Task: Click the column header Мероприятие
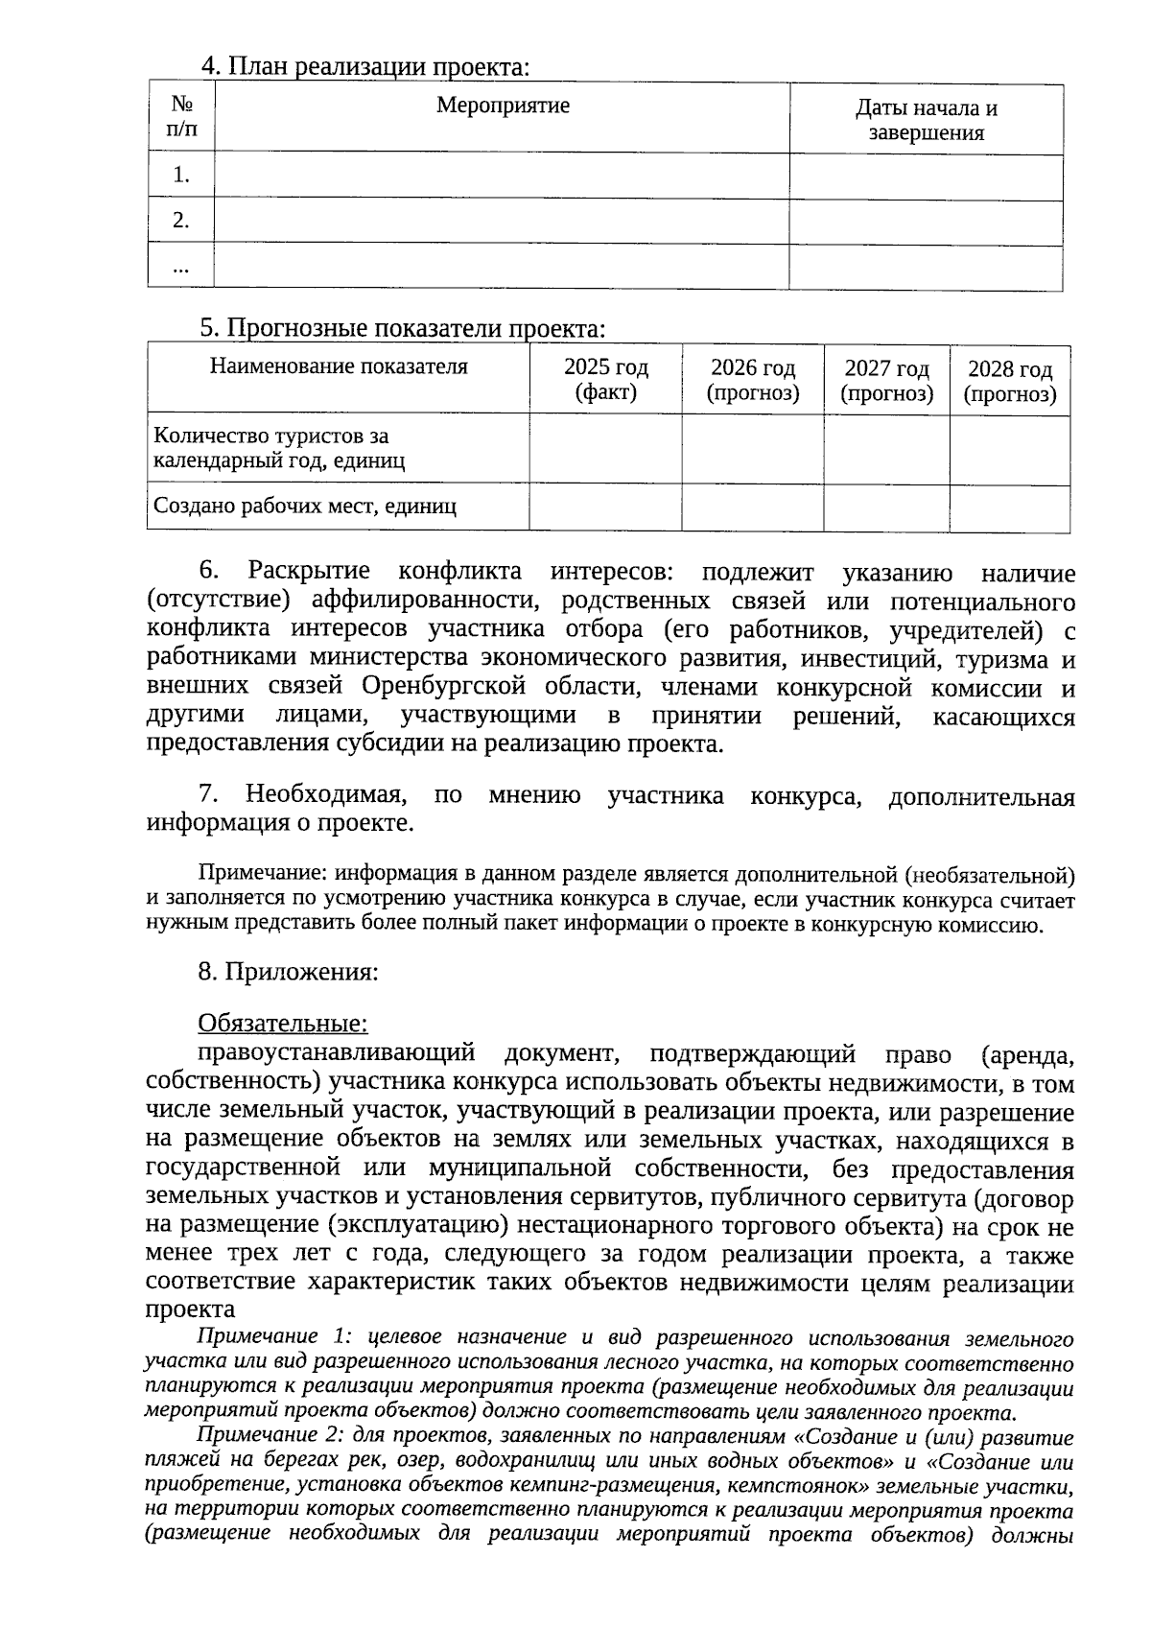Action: pyautogui.click(x=503, y=106)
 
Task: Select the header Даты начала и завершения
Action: pyautogui.click(x=926, y=120)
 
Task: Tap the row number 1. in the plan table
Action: pyautogui.click(x=181, y=176)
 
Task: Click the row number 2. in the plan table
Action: pyautogui.click(x=181, y=221)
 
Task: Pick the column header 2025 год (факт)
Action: pyautogui.click(x=605, y=380)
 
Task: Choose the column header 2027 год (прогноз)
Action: pyautogui.click(x=886, y=381)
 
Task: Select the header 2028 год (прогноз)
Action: pyautogui.click(x=1009, y=382)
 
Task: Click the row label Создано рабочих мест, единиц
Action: pyautogui.click(x=305, y=507)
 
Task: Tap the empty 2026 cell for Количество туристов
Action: pyautogui.click(x=752, y=449)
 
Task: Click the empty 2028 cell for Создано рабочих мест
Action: pyautogui.click(x=1009, y=507)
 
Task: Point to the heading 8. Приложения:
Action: pyautogui.click(x=288, y=972)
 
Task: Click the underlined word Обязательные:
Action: pyautogui.click(x=283, y=1024)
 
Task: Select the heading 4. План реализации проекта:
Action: pyautogui.click(x=364, y=67)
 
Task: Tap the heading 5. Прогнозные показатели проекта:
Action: pyautogui.click(x=403, y=329)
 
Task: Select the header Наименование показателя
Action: pyautogui.click(x=339, y=366)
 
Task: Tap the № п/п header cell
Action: pyautogui.click(x=181, y=116)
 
